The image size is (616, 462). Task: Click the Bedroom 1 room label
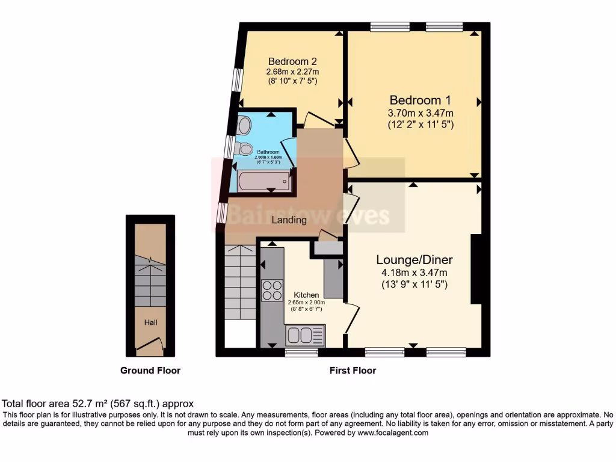click(x=420, y=100)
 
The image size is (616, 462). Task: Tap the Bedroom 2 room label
click(x=292, y=61)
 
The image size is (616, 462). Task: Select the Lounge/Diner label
click(x=414, y=260)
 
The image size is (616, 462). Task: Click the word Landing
click(x=289, y=220)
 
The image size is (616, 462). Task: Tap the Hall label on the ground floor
click(x=150, y=323)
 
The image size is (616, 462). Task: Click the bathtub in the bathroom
click(x=264, y=180)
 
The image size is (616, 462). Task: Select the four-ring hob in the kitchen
click(x=273, y=291)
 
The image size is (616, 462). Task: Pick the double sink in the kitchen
click(x=305, y=334)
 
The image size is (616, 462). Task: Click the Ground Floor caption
click(x=150, y=371)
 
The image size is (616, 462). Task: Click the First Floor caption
click(x=353, y=371)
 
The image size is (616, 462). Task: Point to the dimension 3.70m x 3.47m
click(x=420, y=113)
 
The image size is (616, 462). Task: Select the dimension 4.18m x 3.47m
click(x=414, y=273)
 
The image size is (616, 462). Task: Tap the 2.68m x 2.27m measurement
click(x=292, y=72)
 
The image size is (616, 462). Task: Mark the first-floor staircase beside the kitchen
click(x=240, y=283)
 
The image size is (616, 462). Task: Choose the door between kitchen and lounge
click(x=352, y=318)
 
